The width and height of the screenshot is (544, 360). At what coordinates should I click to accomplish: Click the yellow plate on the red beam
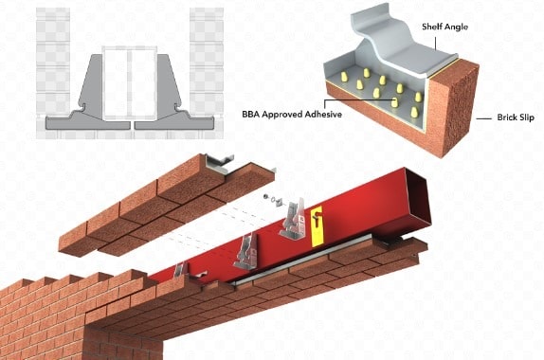tap(316, 216)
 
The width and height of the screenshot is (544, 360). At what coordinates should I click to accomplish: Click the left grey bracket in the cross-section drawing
tap(91, 96)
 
